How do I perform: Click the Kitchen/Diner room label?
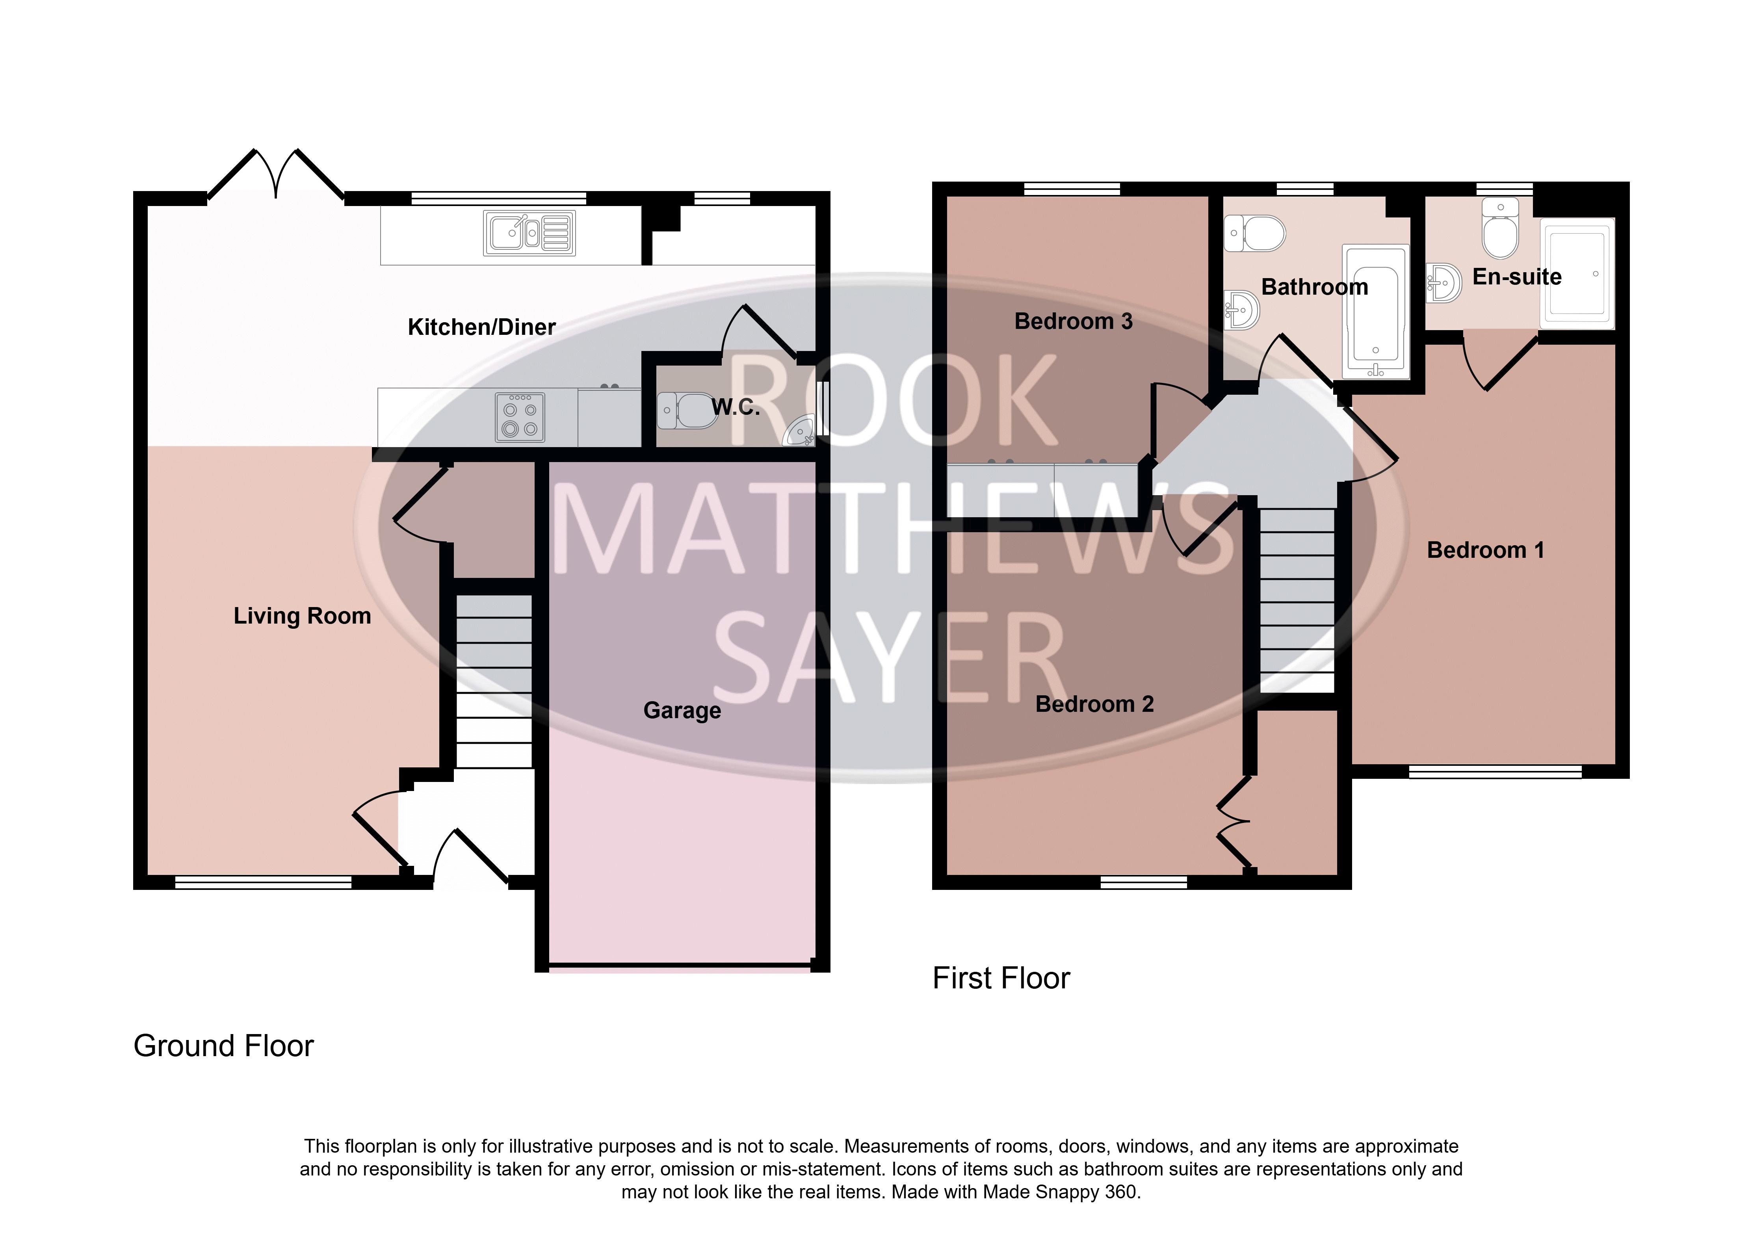tap(481, 327)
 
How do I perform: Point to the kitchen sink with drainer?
tap(529, 233)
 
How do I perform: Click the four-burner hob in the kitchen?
tap(520, 417)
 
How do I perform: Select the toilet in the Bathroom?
tap(1255, 233)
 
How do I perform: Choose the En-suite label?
tap(1516, 277)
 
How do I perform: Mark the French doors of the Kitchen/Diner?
tap(276, 174)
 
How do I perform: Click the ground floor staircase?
tap(494, 681)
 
